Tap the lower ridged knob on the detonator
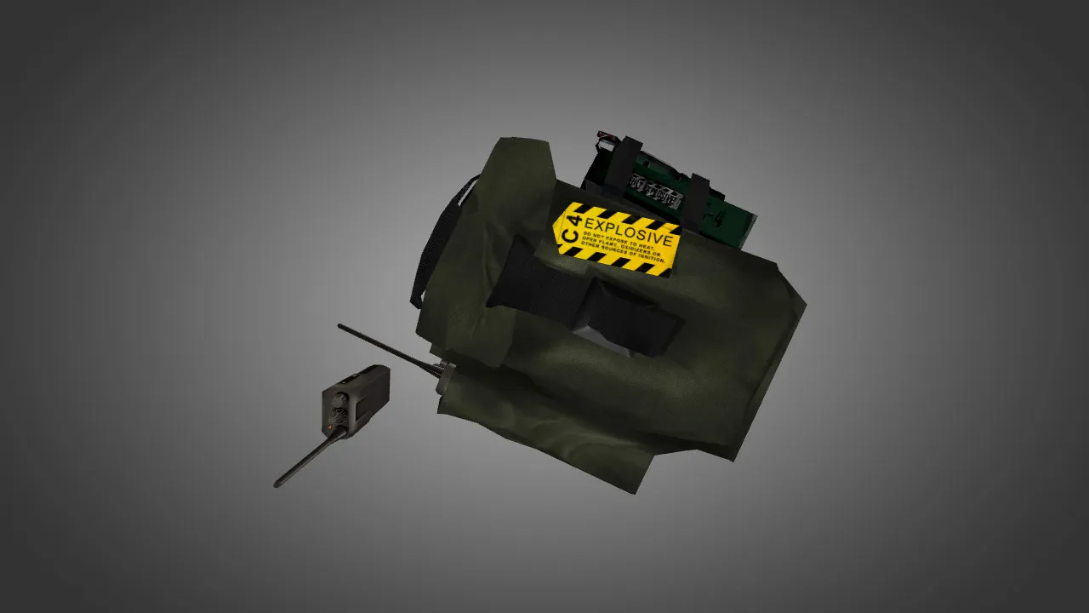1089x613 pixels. tap(339, 416)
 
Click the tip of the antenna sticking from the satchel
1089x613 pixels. tap(340, 326)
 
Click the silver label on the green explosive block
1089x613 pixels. tap(654, 192)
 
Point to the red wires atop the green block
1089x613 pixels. tap(607, 135)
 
